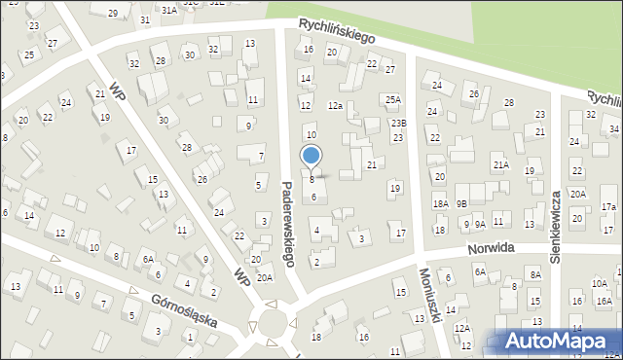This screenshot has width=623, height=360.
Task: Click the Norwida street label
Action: tap(489, 249)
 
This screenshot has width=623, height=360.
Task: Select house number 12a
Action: tap(336, 105)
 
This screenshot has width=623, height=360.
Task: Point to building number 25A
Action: tap(392, 99)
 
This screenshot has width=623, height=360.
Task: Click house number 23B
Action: tap(398, 123)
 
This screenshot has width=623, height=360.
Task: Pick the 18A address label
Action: tap(441, 204)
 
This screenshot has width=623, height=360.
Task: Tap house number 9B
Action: tap(462, 203)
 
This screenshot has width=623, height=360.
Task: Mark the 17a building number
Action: tap(608, 207)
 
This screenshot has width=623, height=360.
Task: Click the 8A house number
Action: tap(535, 275)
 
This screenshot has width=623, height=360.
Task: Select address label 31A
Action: tap(169, 10)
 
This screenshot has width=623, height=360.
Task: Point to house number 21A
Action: tap(500, 165)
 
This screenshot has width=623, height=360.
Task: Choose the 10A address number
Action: tap(599, 283)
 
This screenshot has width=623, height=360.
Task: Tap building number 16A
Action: tap(604, 302)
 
